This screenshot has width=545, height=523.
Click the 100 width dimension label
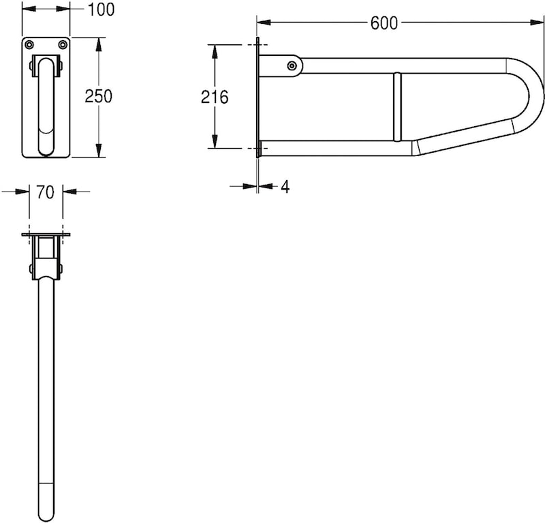(x=101, y=10)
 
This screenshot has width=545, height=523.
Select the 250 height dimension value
(x=99, y=96)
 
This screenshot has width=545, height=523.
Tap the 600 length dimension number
(x=384, y=23)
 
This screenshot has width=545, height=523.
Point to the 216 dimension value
(x=215, y=97)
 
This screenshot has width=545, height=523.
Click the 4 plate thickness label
(x=285, y=187)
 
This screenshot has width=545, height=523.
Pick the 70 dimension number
(x=46, y=192)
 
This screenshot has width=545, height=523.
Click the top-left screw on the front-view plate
(x=29, y=44)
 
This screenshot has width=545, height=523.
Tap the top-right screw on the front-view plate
(x=63, y=44)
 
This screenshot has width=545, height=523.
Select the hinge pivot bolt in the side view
(x=292, y=65)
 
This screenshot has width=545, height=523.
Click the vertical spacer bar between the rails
(x=397, y=106)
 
